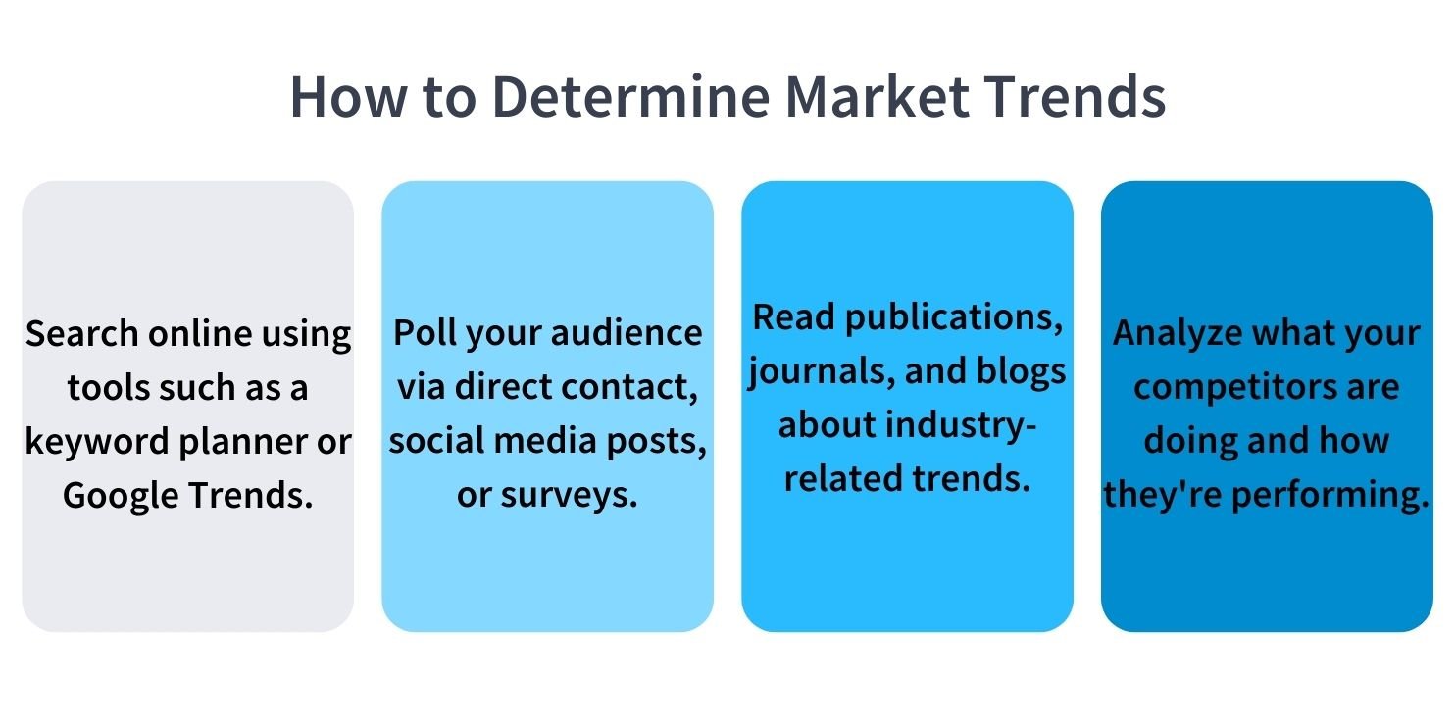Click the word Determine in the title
630,96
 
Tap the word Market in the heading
877,96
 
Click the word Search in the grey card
82,334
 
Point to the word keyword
97,441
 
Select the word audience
627,333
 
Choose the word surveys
569,496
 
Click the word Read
794,317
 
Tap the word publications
954,319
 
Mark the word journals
821,372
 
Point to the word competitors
1234,388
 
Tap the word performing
1330,496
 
